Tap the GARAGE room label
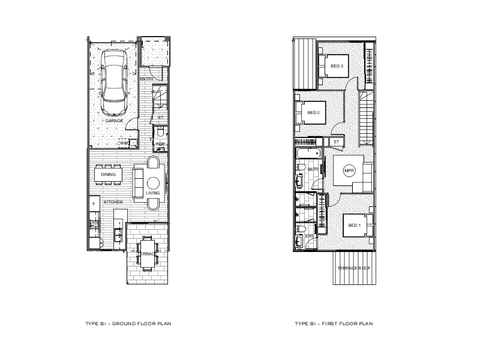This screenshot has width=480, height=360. point(114,121)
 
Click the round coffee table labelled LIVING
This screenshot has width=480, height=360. point(154,182)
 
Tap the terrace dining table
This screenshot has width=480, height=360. point(146,247)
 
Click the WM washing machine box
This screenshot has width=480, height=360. point(124,143)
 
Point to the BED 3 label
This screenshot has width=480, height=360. point(337,66)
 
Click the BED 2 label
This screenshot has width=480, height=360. point(313,113)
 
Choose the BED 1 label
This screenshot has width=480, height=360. point(355,226)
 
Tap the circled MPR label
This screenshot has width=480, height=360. point(349,171)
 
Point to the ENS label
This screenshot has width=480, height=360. point(310,236)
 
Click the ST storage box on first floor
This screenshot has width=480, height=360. point(336,142)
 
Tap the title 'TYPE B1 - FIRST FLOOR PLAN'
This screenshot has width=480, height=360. point(334,323)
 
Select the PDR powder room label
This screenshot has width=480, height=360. point(161,144)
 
